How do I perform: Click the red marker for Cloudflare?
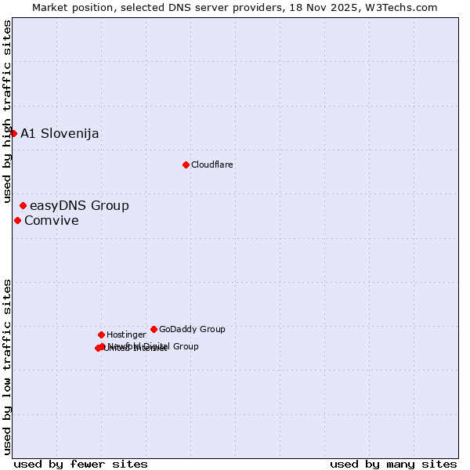click(x=186, y=164)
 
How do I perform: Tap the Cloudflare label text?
click(x=212, y=164)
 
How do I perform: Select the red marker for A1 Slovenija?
click(x=13, y=133)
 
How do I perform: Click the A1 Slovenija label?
click(x=60, y=133)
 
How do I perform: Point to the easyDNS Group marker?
click(x=23, y=205)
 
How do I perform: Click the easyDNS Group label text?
click(x=79, y=206)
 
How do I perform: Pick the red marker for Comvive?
click(x=17, y=220)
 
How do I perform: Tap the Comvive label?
click(x=52, y=221)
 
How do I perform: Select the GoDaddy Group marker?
click(x=154, y=329)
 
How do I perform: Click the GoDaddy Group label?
click(x=192, y=329)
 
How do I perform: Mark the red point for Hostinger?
click(x=101, y=334)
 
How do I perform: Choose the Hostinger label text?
click(x=126, y=334)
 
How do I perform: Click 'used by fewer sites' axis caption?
click(x=81, y=465)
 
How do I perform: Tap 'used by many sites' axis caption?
click(x=393, y=465)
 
